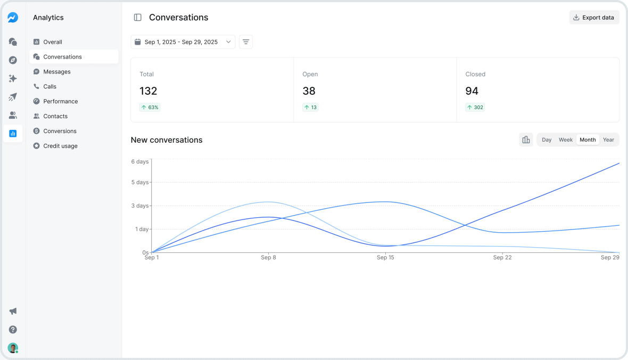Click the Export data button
594,18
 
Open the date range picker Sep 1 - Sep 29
183,42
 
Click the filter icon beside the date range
246,42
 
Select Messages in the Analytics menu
57,72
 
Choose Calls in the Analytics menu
49,86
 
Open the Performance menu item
60,101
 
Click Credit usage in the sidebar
60,146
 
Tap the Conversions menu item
60,131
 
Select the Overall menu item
53,42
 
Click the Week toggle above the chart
565,140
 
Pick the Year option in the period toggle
608,140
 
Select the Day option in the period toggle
547,140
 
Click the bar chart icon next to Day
526,140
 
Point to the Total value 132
148,91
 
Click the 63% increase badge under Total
150,107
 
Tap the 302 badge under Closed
475,107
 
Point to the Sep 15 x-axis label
385,258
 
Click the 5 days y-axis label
141,182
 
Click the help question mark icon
13,330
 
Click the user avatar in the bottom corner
13,348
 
